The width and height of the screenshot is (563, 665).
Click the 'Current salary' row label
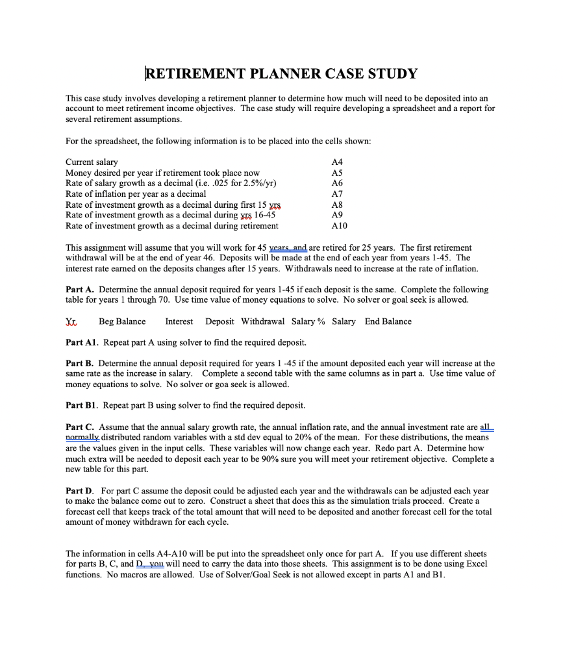(92, 162)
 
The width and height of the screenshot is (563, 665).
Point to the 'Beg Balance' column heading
(122, 321)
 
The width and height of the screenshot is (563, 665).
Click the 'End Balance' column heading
(388, 321)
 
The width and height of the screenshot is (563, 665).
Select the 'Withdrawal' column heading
(262, 321)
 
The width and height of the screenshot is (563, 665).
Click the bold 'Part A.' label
(80, 290)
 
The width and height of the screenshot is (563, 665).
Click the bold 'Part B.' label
(80, 364)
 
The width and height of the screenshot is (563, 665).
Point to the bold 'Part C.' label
(80, 427)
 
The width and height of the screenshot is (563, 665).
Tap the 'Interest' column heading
(179, 321)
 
